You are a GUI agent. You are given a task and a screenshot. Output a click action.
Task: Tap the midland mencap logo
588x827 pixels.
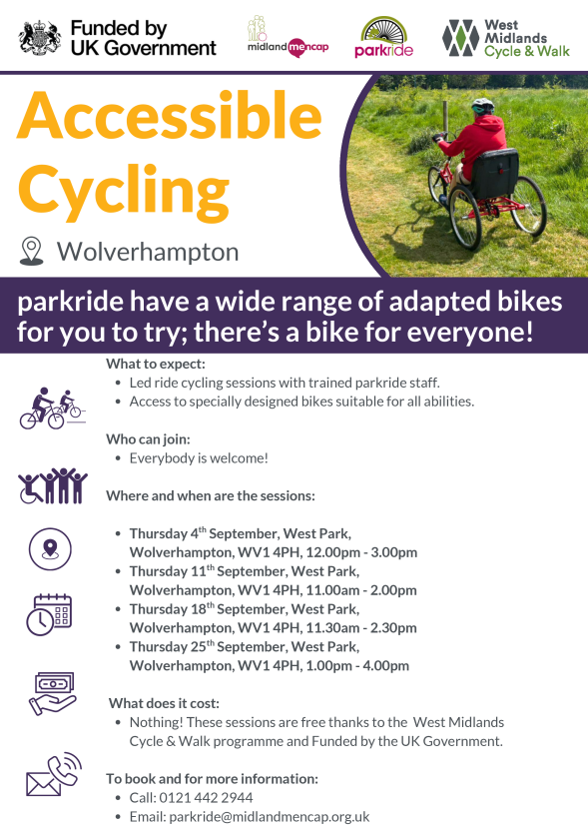pyautogui.click(x=288, y=36)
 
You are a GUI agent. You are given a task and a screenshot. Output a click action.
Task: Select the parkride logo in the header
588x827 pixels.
pyautogui.click(x=384, y=36)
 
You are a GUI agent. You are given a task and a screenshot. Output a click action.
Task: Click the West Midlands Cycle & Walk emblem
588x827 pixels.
pyautogui.click(x=460, y=38)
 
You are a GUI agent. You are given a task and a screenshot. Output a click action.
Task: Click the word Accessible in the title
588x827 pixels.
pyautogui.click(x=170, y=116)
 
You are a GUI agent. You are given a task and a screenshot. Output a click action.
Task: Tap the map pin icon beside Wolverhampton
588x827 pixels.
pyautogui.click(x=31, y=251)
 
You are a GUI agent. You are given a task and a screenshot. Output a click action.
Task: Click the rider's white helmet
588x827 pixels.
pyautogui.click(x=482, y=106)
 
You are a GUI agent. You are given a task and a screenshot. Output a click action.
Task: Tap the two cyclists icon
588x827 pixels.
pyautogui.click(x=52, y=409)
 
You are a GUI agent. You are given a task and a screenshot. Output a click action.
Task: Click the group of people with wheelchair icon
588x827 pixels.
pyautogui.click(x=52, y=485)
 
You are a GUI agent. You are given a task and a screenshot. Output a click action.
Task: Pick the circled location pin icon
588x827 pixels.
pyautogui.click(x=50, y=549)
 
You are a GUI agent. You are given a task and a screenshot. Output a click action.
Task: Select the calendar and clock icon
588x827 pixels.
pyautogui.click(x=49, y=614)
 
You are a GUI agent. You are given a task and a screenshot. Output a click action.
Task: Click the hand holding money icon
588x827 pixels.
pyautogui.click(x=52, y=693)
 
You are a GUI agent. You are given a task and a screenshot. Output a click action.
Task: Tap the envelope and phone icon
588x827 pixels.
pyautogui.click(x=54, y=774)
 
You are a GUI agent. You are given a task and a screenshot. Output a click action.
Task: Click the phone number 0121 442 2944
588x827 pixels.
pyautogui.click(x=207, y=797)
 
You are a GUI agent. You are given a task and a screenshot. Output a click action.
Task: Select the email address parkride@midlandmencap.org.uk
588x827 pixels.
pyautogui.click(x=270, y=816)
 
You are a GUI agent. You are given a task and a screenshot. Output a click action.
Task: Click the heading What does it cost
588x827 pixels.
pyautogui.click(x=164, y=703)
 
